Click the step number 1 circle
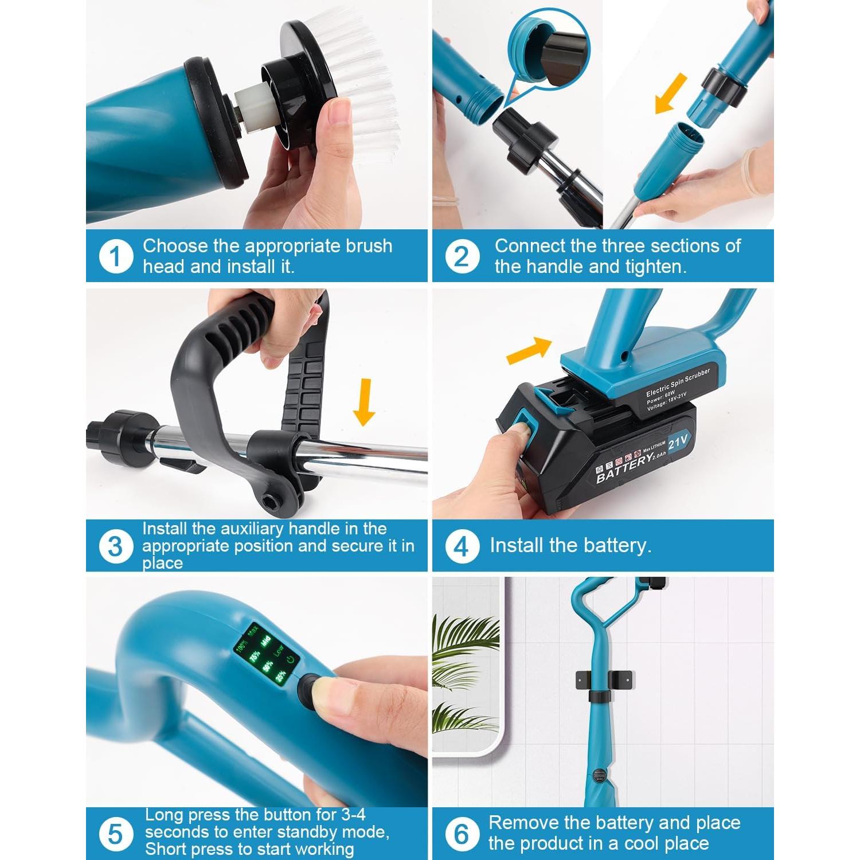116,256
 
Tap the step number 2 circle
462,256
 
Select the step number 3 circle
115,546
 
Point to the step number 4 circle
462,546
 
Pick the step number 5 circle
115,834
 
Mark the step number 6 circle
462,834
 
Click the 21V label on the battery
678,441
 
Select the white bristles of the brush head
361,86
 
